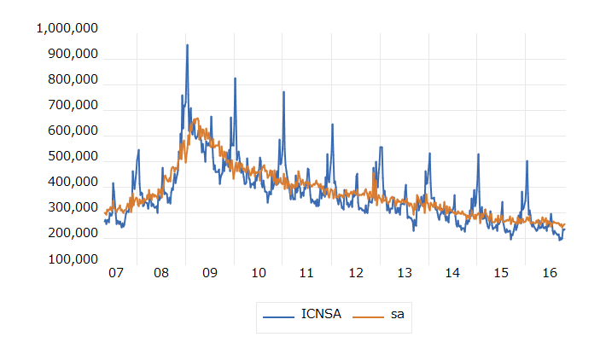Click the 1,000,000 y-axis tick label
[x=67, y=29]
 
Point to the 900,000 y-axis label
[x=71, y=55]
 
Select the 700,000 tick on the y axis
[x=71, y=106]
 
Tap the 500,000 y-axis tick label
[x=71, y=157]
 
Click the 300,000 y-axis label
[x=71, y=208]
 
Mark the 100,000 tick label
[x=71, y=259]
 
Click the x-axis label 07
[x=115, y=274]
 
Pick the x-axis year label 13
[x=405, y=274]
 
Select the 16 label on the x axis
[x=549, y=274]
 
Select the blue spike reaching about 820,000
[x=235, y=78]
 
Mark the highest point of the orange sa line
[x=196, y=119]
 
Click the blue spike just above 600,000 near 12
[x=332, y=125]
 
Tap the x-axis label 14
[x=452, y=274]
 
